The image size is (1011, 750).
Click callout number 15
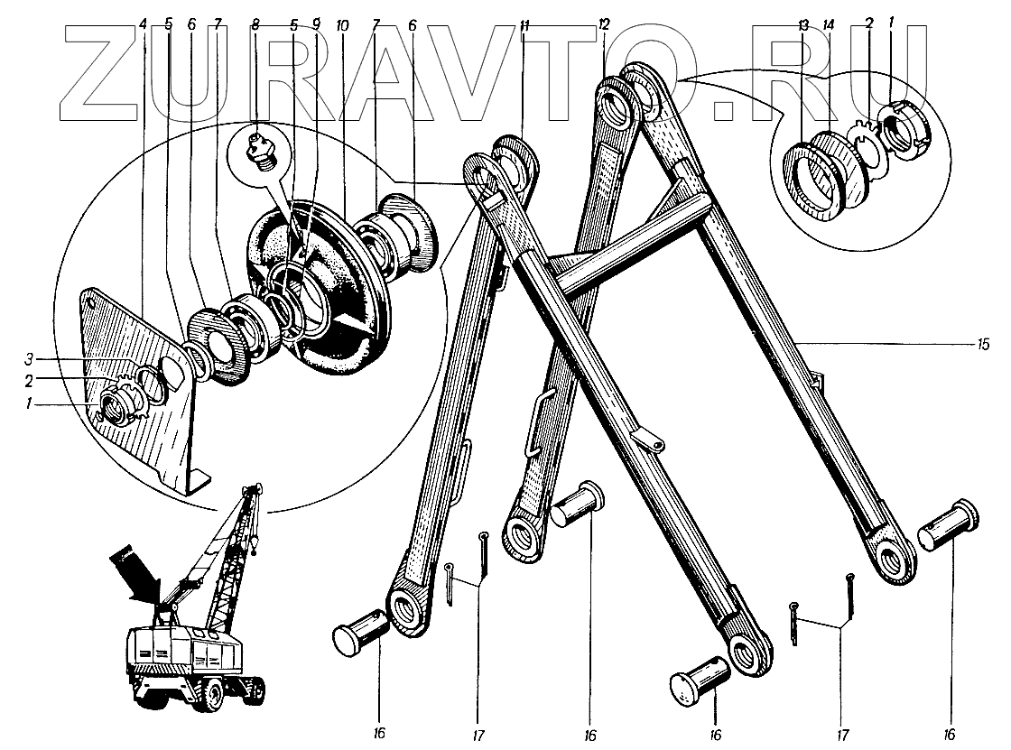984,344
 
